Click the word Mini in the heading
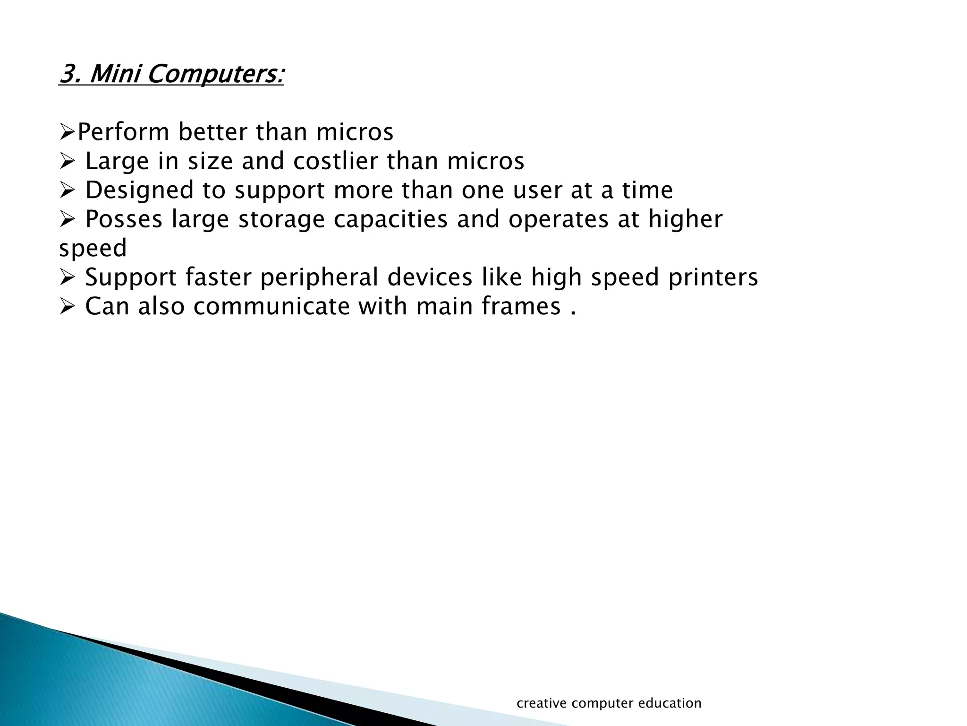point(115,74)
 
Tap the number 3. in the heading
point(71,74)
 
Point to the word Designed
point(140,191)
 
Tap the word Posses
point(124,220)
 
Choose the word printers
point(713,278)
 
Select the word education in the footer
point(670,703)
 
